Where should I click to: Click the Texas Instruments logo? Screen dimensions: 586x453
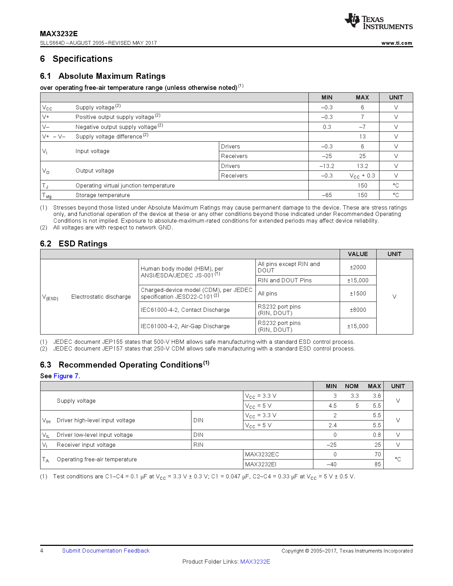[378, 21]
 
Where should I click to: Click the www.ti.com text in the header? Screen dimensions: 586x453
[397, 43]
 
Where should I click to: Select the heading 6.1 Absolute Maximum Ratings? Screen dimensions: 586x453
[103, 76]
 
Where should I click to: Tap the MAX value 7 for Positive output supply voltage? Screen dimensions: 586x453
[362, 117]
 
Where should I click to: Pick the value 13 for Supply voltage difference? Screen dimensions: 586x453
[362, 136]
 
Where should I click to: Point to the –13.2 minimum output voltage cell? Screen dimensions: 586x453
[327, 166]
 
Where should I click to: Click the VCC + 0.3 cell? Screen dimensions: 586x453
[362, 176]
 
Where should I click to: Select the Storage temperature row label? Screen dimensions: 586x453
[103, 195]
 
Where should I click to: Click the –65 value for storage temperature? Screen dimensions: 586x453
[327, 195]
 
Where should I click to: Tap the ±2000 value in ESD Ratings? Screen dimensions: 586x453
[358, 267]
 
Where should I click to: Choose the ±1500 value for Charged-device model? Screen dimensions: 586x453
[358, 293]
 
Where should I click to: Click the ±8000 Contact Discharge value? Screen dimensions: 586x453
[358, 310]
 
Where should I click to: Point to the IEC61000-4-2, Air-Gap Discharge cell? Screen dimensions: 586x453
[185, 326]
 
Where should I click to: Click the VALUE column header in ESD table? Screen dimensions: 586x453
[358, 254]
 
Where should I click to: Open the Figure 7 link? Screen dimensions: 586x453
[66, 376]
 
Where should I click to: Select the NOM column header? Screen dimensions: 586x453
[351, 386]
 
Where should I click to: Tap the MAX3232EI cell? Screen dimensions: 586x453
[261, 464]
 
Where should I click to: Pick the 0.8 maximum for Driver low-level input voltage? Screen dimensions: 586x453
[377, 435]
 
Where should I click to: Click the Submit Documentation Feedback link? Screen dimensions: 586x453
[106, 550]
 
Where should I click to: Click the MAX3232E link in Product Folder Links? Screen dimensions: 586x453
[255, 561]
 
